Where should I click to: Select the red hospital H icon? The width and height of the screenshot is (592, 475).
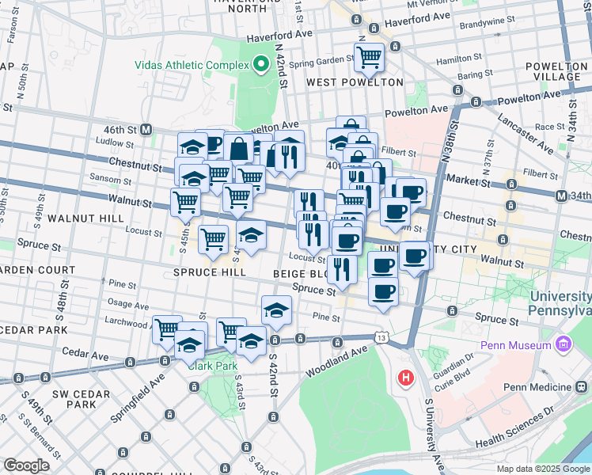pos(406,378)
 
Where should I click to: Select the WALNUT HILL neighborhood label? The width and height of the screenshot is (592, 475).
pos(85,217)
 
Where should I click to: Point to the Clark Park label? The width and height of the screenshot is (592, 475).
pos(207,366)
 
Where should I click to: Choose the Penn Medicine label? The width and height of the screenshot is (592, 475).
pos(539,386)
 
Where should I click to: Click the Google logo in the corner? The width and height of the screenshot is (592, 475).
pos(27,465)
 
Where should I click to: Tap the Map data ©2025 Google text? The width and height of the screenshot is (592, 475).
pos(543,469)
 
